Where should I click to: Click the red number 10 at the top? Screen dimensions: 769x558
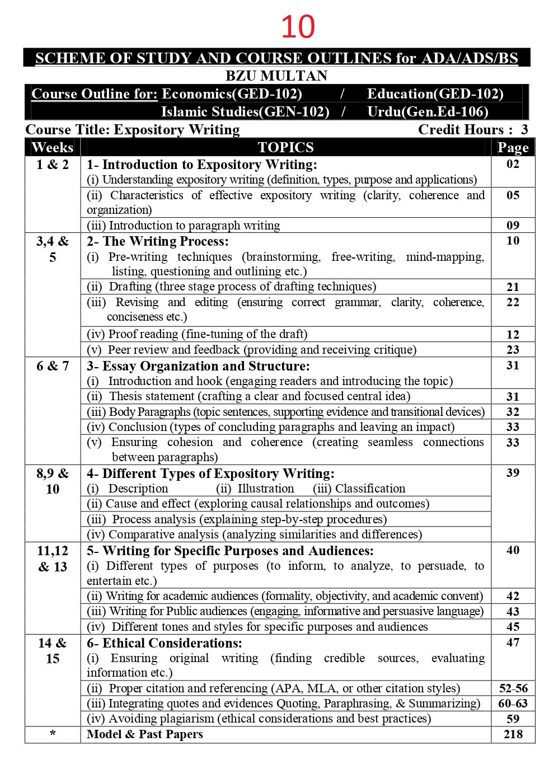298,27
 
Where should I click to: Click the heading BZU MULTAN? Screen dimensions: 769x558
276,76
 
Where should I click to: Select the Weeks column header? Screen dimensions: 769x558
53,147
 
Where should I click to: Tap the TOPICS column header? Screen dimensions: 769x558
285,147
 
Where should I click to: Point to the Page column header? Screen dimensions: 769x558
513,147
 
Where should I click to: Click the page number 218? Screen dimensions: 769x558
513,734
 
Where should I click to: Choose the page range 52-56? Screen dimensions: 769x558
513,688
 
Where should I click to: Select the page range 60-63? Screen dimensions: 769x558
513,704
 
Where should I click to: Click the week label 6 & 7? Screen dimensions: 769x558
53,366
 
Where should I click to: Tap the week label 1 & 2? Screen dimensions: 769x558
53,165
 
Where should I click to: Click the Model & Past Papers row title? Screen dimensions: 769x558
144,734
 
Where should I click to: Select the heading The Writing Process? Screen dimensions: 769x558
165,241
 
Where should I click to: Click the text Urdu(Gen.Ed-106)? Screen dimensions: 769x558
428,111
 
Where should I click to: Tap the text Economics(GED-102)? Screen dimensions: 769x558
232,93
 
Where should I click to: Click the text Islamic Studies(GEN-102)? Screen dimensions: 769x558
245,111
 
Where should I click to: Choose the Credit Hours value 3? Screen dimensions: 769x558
524,129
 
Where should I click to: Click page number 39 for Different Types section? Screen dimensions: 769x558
513,473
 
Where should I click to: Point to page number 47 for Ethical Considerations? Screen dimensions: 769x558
513,643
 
